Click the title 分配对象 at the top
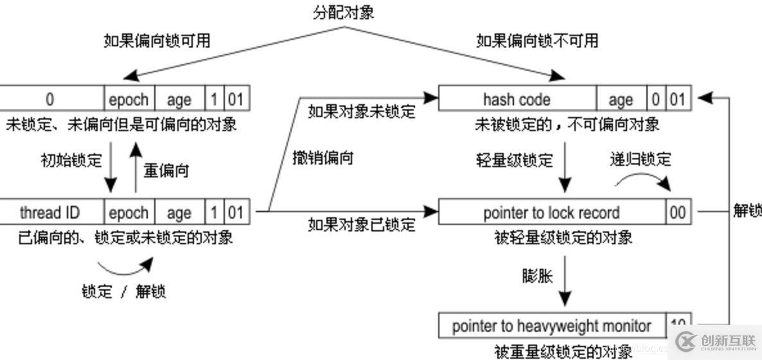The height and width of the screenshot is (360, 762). point(344,12)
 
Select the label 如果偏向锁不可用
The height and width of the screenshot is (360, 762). point(537,40)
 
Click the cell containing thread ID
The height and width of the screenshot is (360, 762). point(50,212)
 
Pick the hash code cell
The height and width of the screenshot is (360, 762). point(517,100)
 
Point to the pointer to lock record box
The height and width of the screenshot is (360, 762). point(551,212)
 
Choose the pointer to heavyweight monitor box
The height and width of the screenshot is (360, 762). point(551,326)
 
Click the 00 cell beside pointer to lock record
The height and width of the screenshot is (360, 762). point(678,212)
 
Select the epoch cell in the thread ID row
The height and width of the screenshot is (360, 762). point(128,212)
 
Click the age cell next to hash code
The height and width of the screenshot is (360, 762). point(620,100)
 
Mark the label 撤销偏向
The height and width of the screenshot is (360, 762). point(323,157)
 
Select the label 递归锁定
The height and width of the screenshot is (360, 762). point(640,159)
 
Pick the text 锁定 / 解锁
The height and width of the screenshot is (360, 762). point(124,291)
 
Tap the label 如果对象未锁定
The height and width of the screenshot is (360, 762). point(362,112)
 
